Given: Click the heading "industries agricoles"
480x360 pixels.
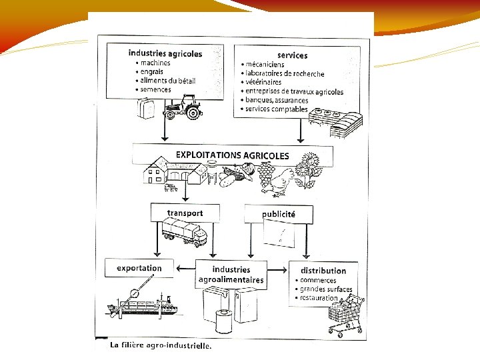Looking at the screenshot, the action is [x=165, y=53].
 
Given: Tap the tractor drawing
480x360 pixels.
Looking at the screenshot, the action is [x=183, y=106].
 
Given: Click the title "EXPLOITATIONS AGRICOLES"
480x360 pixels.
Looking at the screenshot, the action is [x=232, y=155].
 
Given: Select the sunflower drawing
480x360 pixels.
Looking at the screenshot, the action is [x=309, y=171].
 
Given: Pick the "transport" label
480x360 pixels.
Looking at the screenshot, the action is [x=185, y=213].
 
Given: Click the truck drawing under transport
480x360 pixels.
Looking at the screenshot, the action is [x=185, y=232].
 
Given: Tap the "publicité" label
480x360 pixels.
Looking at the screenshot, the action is [x=279, y=215].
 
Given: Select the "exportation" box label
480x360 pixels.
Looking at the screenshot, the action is [x=139, y=268].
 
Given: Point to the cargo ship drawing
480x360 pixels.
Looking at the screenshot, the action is [x=143, y=303].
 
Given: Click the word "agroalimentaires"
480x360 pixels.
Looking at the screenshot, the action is [x=231, y=280].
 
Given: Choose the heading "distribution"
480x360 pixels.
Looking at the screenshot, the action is [x=323, y=271].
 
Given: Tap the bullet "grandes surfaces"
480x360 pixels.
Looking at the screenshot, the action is [x=326, y=289].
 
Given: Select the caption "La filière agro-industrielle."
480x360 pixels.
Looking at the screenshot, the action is [x=160, y=346].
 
